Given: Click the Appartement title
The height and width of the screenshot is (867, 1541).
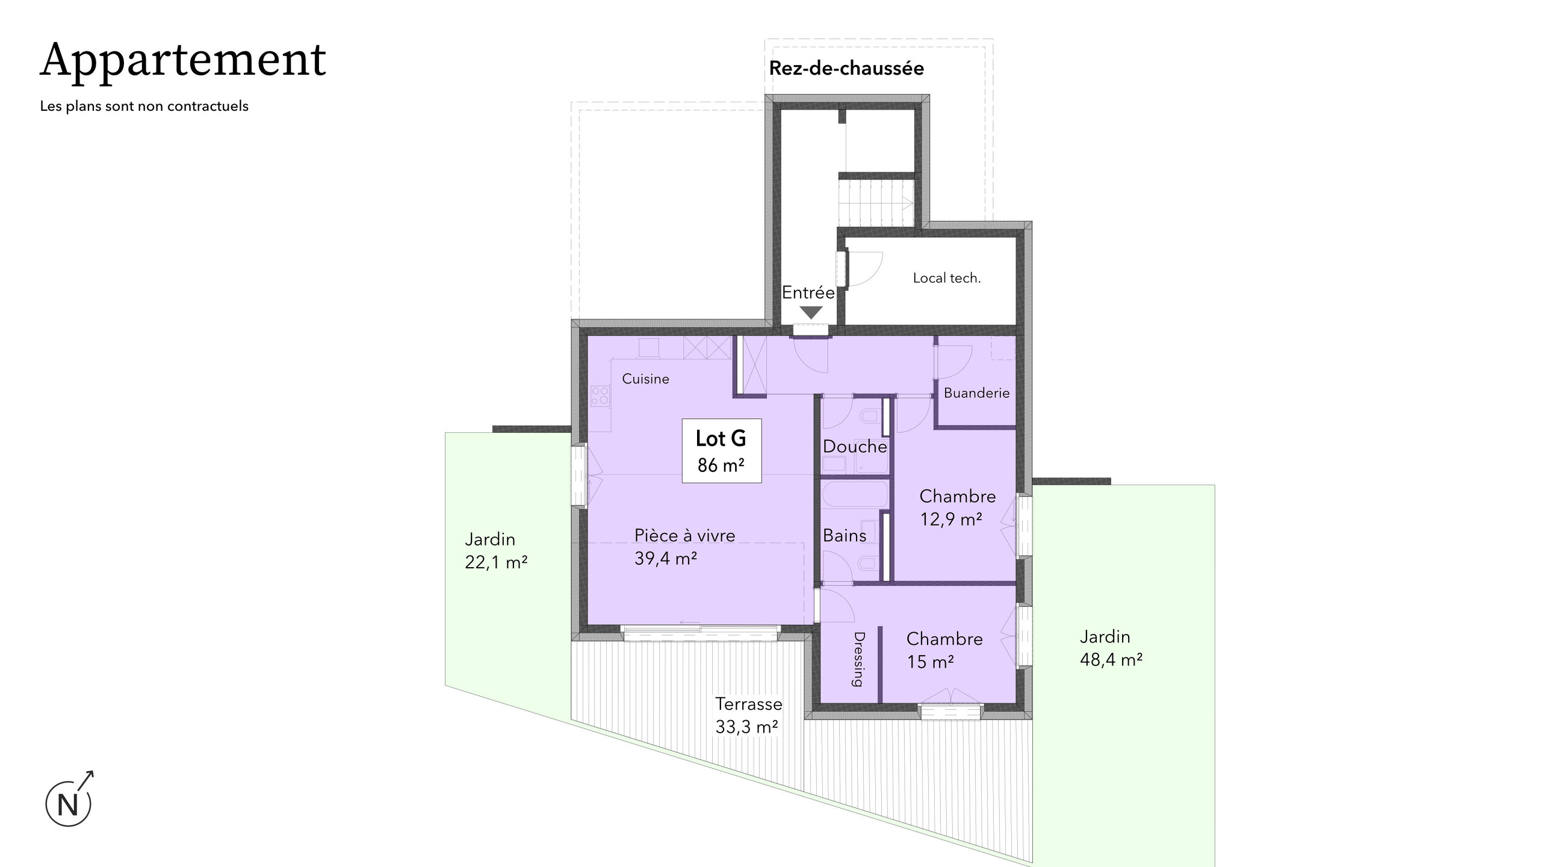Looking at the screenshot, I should coord(183,61).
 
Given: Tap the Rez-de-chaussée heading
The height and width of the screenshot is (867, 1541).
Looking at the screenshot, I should coord(846,69).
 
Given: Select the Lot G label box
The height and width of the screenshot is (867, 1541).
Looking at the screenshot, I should coord(721,450).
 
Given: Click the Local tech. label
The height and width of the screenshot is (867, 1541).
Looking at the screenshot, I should coord(946,278).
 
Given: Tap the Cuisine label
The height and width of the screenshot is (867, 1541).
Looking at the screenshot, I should coord(645,379).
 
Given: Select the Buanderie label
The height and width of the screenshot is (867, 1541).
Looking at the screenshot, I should coord(976,393).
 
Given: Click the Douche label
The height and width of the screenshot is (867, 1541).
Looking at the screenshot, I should coord(855,447).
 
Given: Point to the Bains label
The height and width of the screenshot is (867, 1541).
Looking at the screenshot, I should coord(845,535).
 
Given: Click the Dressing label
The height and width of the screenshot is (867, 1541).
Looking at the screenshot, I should coord(858,659).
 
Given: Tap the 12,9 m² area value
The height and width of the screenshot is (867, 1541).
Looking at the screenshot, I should coord(951,519).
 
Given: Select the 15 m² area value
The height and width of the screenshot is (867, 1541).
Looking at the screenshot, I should coord(930,662).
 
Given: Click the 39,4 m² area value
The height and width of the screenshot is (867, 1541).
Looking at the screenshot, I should coord(666,559).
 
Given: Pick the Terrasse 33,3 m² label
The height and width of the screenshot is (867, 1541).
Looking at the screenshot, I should coord(748,715).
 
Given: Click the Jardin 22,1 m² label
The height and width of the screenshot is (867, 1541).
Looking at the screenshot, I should coord(496,551).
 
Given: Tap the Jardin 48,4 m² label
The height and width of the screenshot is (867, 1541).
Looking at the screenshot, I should coord(1111,648).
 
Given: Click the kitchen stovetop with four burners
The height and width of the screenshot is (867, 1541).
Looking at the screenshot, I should coord(179,396).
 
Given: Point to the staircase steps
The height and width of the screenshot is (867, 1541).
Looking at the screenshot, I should coord(876,204).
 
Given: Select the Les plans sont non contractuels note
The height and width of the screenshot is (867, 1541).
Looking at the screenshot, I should coord(144,107).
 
